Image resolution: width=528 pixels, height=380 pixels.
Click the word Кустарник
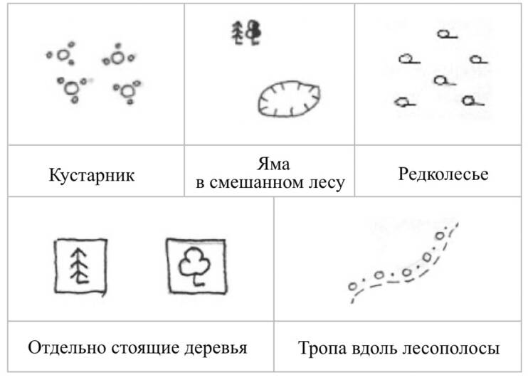92,175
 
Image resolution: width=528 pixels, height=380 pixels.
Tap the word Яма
273,164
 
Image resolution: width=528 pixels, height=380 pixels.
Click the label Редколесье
443,174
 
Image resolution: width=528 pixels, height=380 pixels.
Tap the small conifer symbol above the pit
238,33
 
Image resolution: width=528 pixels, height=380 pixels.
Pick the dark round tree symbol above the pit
253,32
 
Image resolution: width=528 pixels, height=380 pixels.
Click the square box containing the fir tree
55,266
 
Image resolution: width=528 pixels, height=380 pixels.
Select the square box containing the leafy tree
167,266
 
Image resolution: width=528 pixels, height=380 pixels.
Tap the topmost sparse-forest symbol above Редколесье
447,34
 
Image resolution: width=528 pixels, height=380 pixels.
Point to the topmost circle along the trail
440,236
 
